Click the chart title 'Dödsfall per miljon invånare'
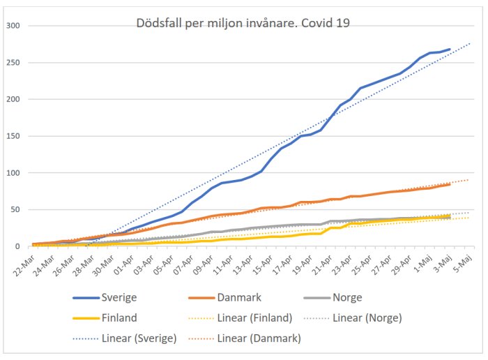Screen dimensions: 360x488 click(243, 22)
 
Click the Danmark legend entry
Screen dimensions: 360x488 click(240, 298)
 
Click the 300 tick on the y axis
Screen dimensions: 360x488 click(13, 26)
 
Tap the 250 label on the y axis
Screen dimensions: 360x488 click(13, 63)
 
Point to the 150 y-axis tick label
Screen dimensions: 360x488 click(13, 136)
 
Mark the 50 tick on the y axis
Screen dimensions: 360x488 click(15, 210)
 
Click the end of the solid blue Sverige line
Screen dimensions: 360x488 click(450, 50)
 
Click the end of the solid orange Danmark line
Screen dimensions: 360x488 click(450, 184)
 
